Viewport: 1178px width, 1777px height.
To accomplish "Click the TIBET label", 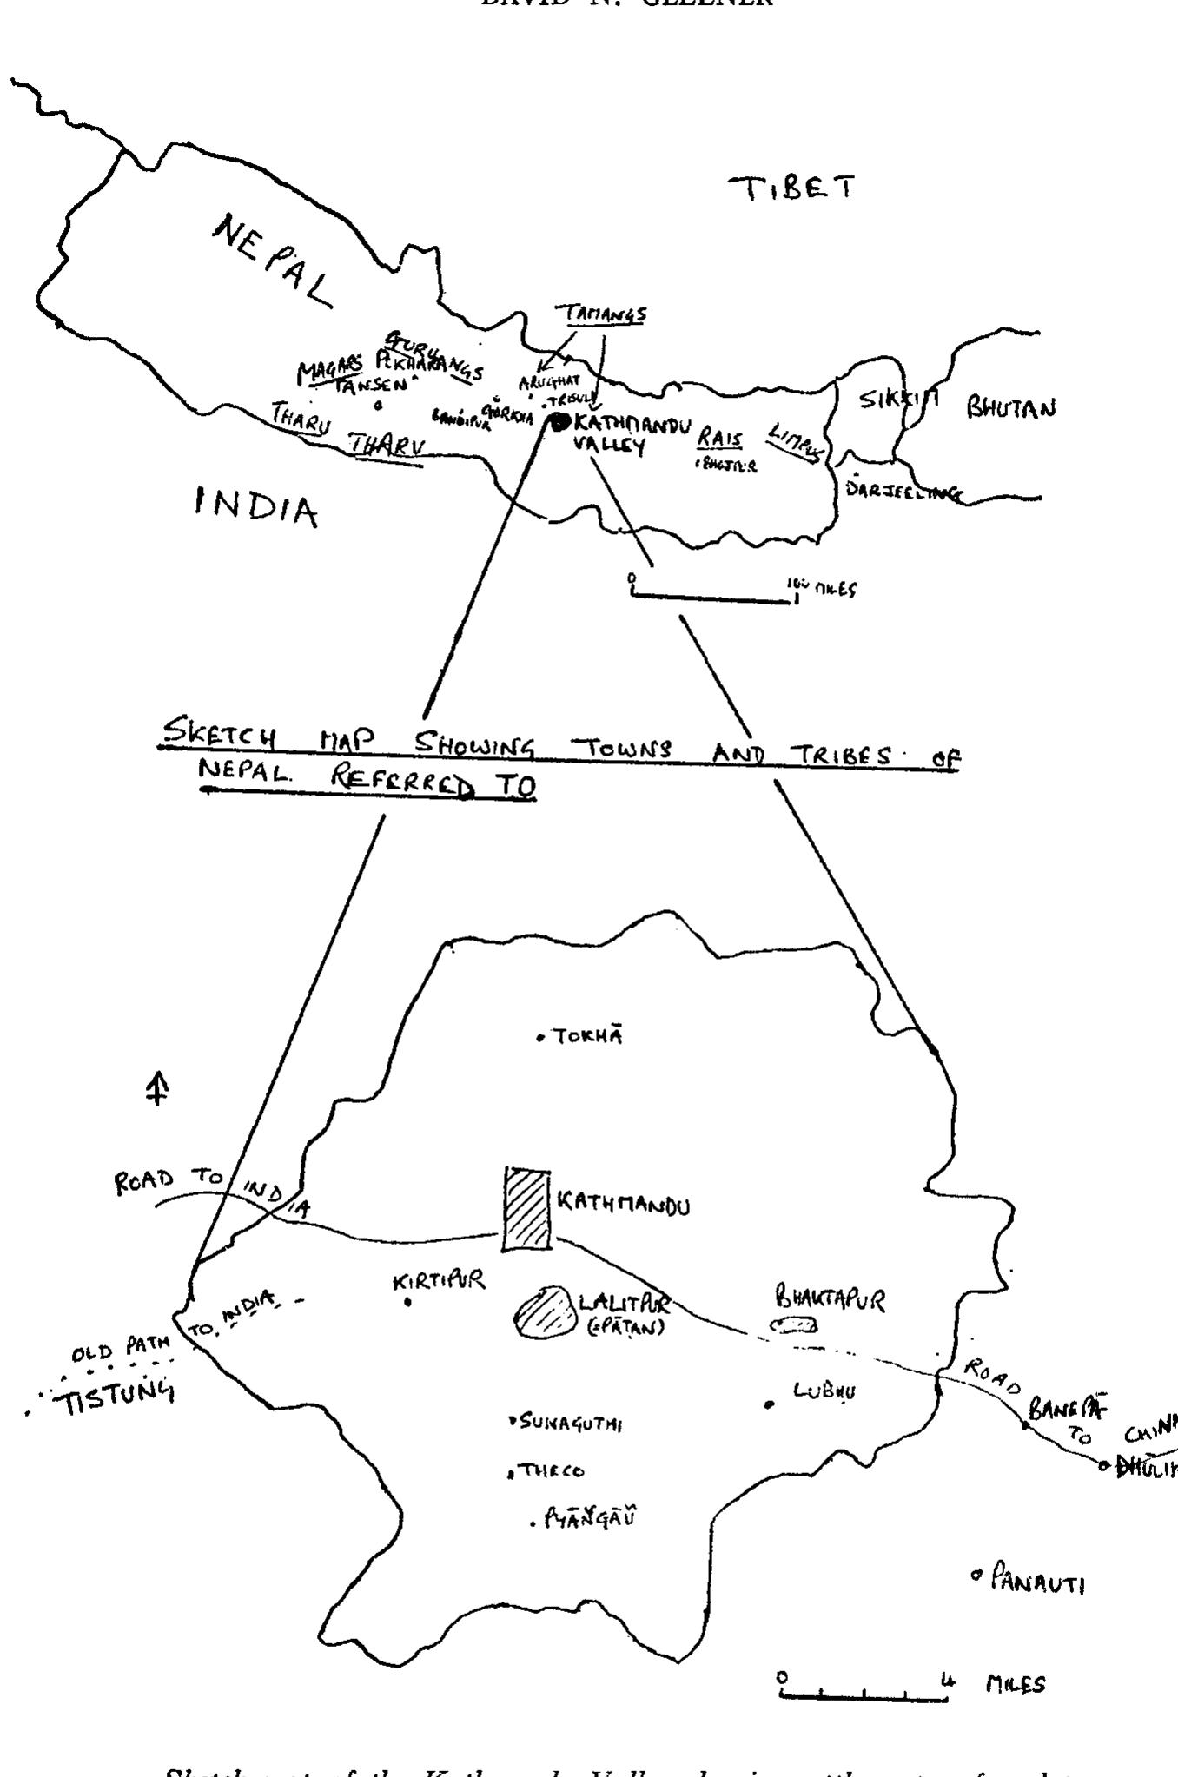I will point(791,188).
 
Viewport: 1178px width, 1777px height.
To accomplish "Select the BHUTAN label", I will point(1011,407).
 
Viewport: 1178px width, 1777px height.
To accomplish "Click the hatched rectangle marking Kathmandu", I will point(527,1210).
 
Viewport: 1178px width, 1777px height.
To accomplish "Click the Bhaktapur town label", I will point(831,1300).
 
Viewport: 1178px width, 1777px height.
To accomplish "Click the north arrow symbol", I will point(156,1089).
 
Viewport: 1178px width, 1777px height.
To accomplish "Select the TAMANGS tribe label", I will point(602,314).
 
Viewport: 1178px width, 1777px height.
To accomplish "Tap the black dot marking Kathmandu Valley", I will point(559,422).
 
